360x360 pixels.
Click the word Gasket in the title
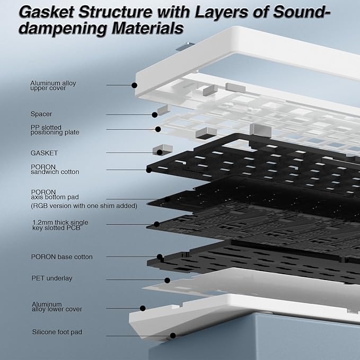46,12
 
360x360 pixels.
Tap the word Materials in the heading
148,28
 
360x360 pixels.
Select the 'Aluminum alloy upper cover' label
53,85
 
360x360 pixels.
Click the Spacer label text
41,114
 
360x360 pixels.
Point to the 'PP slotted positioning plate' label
55,130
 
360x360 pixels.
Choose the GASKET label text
44,153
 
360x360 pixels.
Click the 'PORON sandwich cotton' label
55,169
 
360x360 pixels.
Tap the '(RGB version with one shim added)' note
84,206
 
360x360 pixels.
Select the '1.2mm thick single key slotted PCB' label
60,225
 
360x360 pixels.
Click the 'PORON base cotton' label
62,257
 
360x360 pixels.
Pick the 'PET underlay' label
52,278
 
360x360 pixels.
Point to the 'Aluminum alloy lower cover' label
57,307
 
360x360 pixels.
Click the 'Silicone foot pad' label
57,332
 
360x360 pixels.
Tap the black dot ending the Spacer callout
155,115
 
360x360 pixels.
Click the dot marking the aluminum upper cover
135,85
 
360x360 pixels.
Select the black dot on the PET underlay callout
168,280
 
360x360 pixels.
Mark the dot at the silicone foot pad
173,336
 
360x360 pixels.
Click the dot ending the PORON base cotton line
160,257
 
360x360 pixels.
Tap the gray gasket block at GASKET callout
163,150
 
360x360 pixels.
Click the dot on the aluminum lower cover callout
143,309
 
